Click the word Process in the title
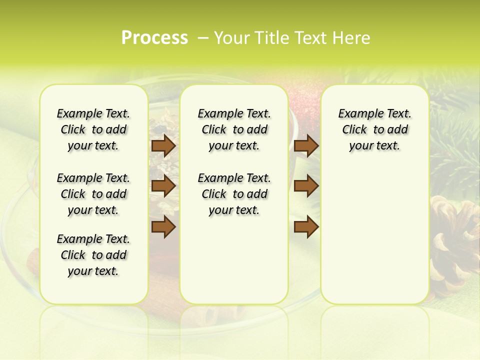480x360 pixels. pyautogui.click(x=154, y=38)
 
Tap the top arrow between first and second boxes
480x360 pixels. pyautogui.click(x=163, y=145)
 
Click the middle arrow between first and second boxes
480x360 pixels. pyautogui.click(x=163, y=186)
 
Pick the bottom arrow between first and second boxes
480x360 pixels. pyautogui.click(x=163, y=227)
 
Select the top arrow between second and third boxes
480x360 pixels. pyautogui.click(x=306, y=145)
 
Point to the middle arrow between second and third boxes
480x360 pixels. pyautogui.click(x=306, y=186)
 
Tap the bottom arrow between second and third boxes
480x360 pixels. pyautogui.click(x=306, y=227)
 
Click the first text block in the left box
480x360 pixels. pyautogui.click(x=93, y=129)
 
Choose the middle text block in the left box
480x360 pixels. pyautogui.click(x=93, y=194)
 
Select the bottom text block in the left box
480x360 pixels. pyautogui.click(x=93, y=255)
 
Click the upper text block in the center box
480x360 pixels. pyautogui.click(x=234, y=129)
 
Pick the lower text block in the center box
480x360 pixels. pyautogui.click(x=234, y=194)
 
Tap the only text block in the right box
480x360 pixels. pyautogui.click(x=374, y=129)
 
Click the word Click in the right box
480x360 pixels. pyautogui.click(x=354, y=130)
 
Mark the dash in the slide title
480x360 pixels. pyautogui.click(x=203, y=38)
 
